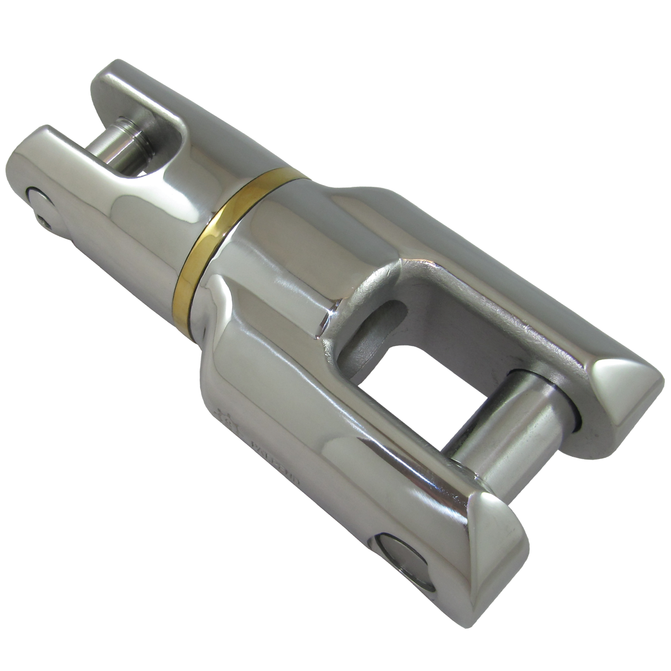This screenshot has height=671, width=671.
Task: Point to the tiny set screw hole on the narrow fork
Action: point(45,222)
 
